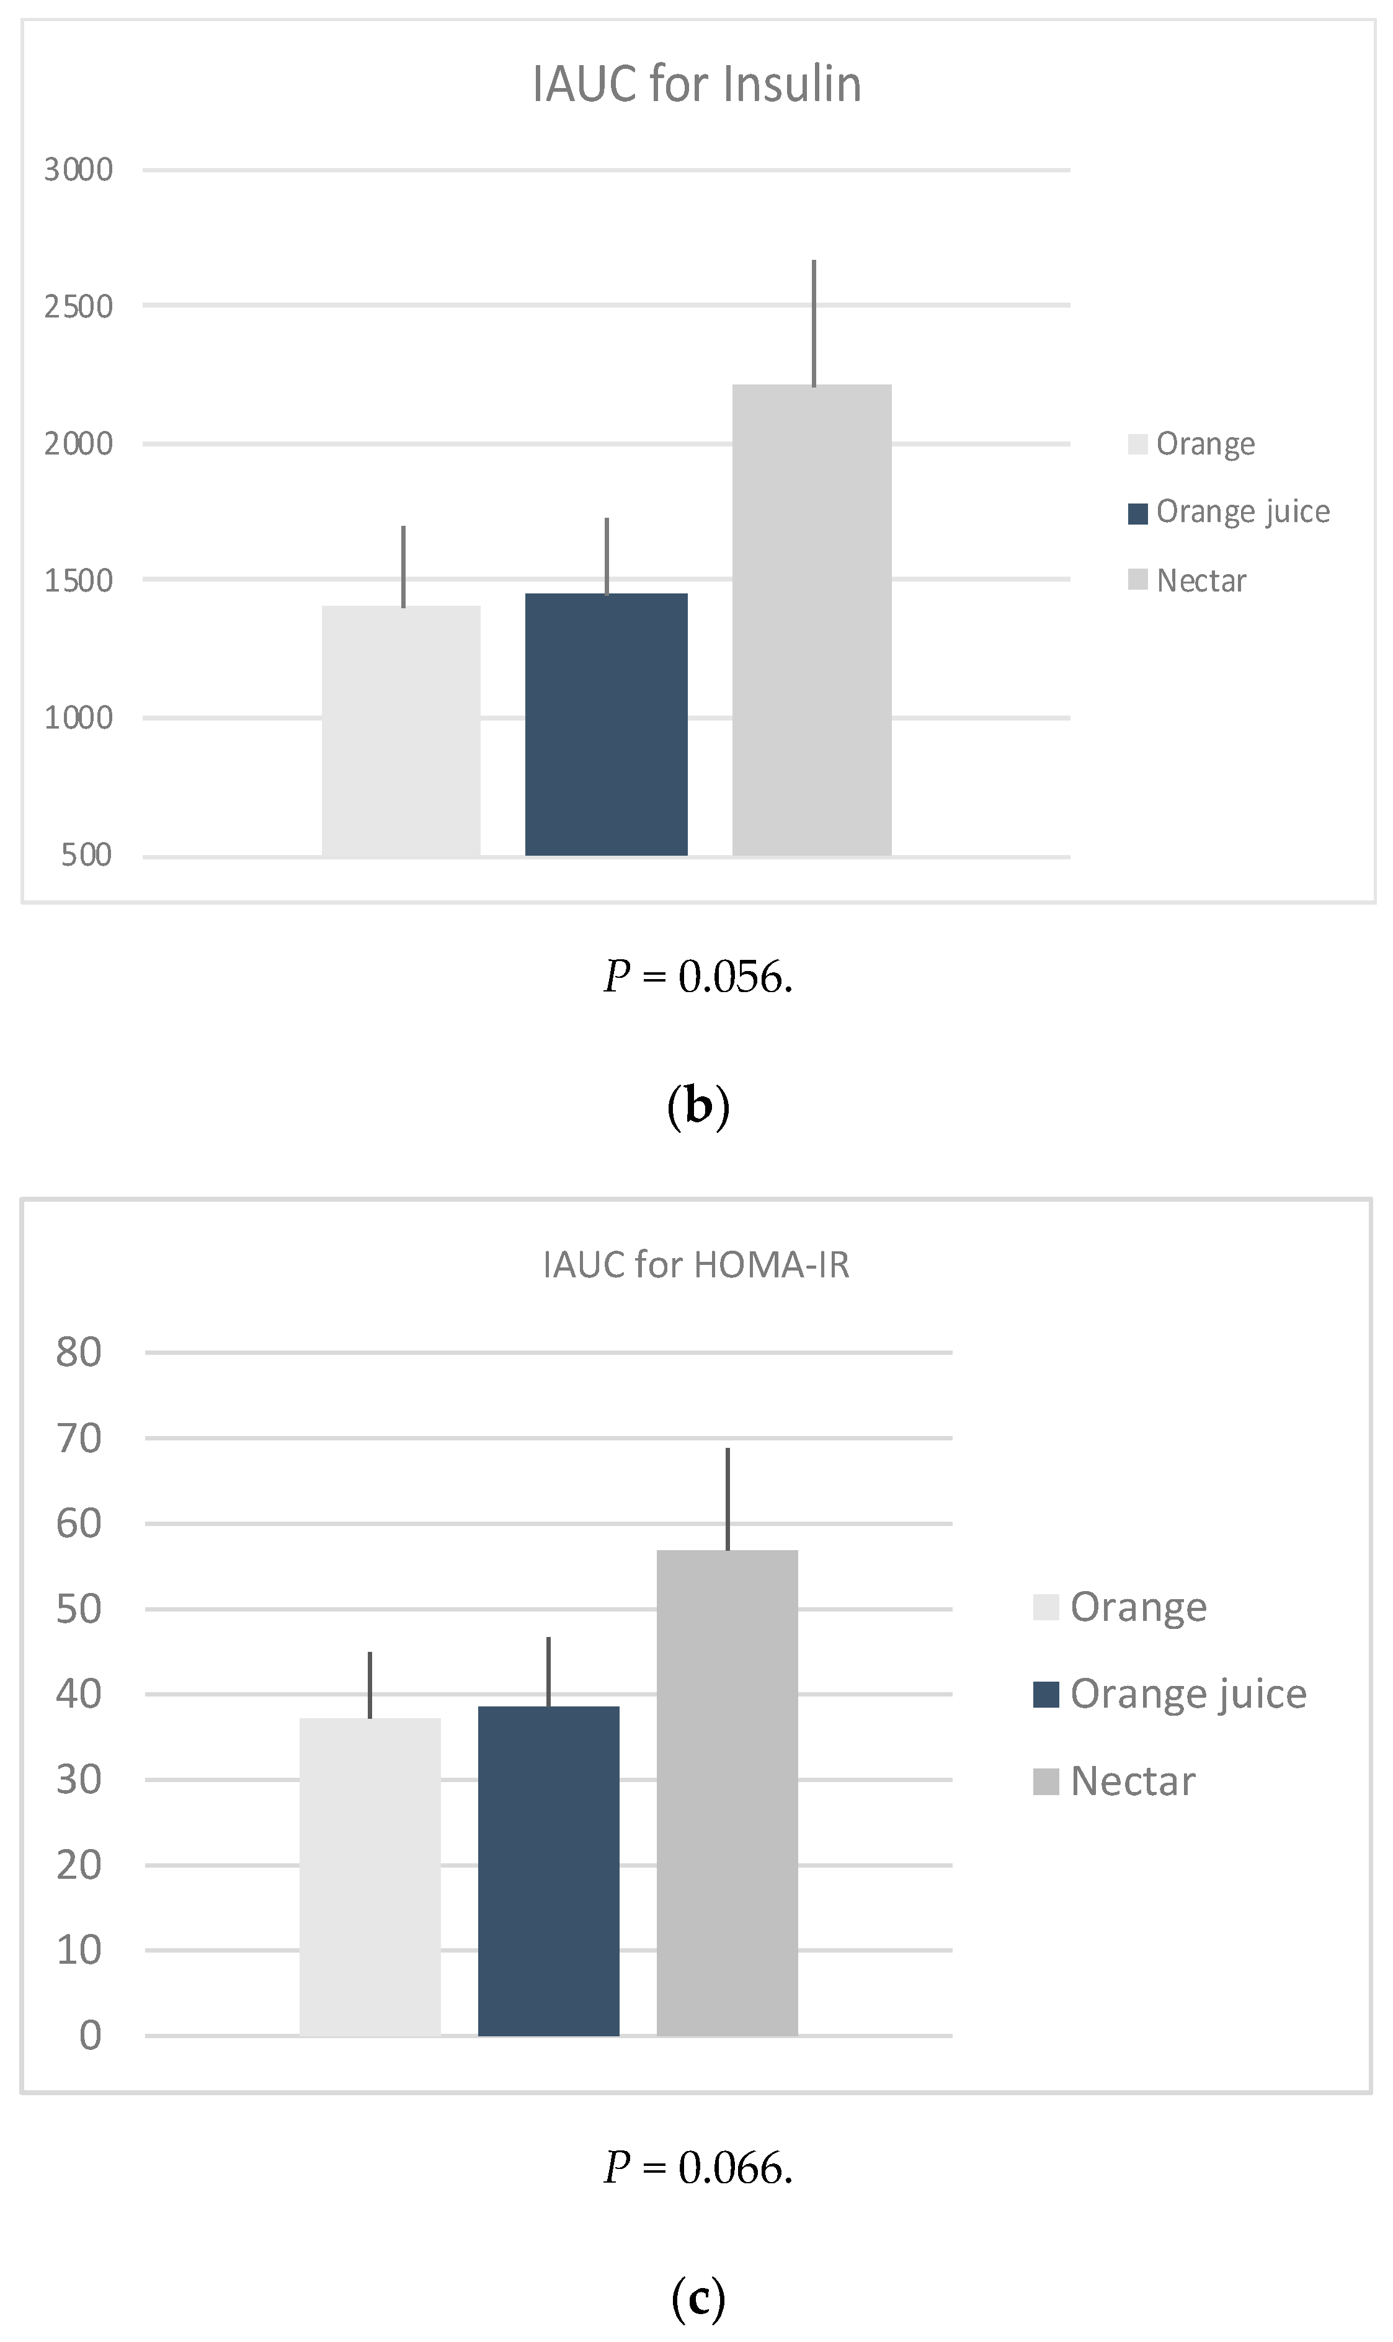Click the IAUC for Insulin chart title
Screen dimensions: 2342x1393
point(696,84)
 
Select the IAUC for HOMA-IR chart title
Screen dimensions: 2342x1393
point(696,1265)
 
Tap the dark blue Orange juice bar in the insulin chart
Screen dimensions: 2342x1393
point(607,724)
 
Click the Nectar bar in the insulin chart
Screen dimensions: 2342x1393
point(812,619)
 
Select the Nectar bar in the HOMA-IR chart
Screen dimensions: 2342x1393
point(728,1792)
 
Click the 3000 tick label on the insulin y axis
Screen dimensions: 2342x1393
point(79,170)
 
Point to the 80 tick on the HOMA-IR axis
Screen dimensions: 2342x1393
point(79,1353)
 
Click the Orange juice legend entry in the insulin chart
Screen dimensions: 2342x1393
point(1230,512)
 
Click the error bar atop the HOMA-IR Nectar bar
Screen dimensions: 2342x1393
point(728,1499)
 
